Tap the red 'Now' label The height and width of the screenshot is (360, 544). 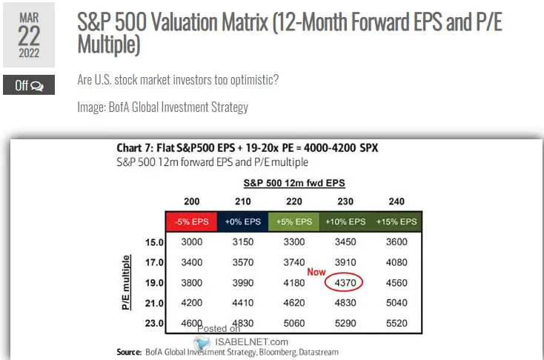[316, 272]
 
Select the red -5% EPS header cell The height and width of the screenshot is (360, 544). [192, 221]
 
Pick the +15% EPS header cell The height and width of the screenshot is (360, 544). [397, 221]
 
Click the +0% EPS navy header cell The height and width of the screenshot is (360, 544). [243, 221]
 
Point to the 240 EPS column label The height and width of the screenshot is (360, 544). [397, 201]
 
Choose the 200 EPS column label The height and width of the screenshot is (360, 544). [192, 201]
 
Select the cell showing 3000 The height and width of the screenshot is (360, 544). [192, 242]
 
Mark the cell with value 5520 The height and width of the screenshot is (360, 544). [397, 322]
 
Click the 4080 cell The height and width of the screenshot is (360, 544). [397, 262]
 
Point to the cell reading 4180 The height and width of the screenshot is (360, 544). [294, 282]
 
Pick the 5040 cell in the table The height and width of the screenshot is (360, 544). [397, 302]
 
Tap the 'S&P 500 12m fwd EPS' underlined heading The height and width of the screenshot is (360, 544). [294, 182]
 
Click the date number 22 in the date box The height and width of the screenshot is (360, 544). [29, 36]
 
